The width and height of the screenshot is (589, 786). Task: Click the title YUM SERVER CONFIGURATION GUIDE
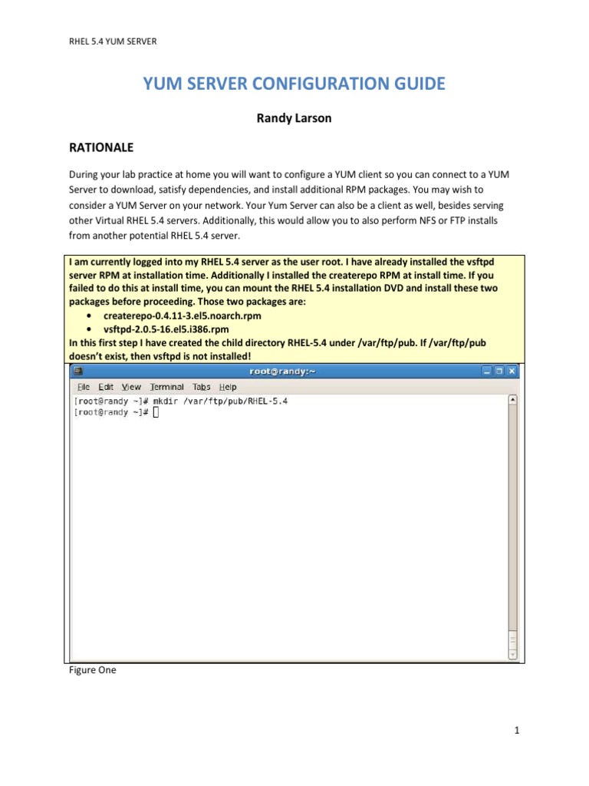click(294, 84)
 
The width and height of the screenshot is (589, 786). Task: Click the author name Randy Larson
click(294, 120)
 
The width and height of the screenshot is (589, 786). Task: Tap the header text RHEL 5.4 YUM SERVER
click(113, 41)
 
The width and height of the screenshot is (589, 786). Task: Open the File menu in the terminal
click(84, 387)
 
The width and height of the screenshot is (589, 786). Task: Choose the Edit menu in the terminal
click(106, 387)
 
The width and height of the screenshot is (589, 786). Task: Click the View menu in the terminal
click(131, 387)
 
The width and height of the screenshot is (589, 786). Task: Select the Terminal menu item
click(166, 387)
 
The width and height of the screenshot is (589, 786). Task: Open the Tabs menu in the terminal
click(201, 387)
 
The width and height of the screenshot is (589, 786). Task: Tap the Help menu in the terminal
click(228, 387)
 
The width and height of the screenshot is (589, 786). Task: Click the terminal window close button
click(512, 371)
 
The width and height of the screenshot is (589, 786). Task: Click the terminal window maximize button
click(499, 371)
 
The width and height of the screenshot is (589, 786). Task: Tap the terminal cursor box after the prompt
click(156, 412)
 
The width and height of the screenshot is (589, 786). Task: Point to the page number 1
click(518, 730)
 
